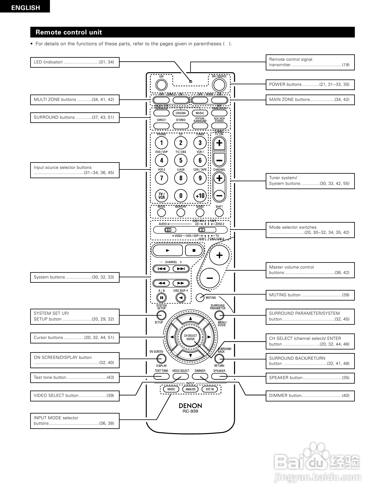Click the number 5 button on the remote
(181, 160)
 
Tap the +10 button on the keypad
(200, 195)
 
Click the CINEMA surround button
(181, 113)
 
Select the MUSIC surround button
(200, 113)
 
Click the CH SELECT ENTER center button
(191, 337)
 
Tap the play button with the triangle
(168, 250)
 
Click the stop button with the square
(194, 250)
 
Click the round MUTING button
(200, 297)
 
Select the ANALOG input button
(191, 389)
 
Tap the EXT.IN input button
(210, 389)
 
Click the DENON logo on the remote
(190, 406)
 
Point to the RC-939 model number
(190, 411)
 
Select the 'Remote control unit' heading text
(69, 32)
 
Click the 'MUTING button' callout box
(310, 295)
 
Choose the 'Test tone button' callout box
(75, 378)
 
